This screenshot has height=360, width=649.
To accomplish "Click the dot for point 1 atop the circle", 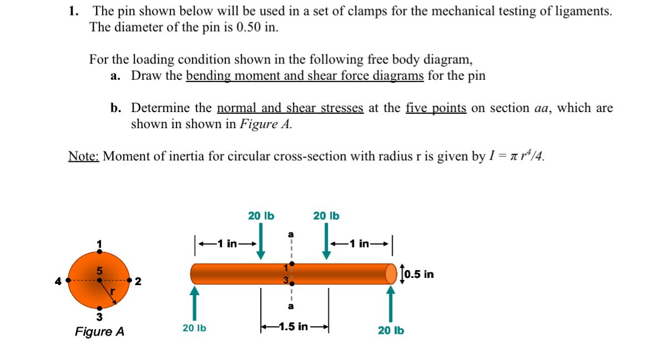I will click(99, 251).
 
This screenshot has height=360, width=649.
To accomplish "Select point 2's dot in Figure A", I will click(130, 281).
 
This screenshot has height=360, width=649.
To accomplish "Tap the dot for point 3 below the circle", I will click(99, 308).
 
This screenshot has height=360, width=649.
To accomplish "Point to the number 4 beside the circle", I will click(58, 281).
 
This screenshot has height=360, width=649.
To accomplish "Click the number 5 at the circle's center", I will click(99, 271).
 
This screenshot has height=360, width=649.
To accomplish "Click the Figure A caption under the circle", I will click(100, 332).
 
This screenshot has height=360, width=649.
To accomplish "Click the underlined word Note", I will click(83, 156).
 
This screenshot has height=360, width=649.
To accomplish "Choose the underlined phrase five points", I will click(436, 108).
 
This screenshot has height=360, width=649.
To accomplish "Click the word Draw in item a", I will click(145, 75).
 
